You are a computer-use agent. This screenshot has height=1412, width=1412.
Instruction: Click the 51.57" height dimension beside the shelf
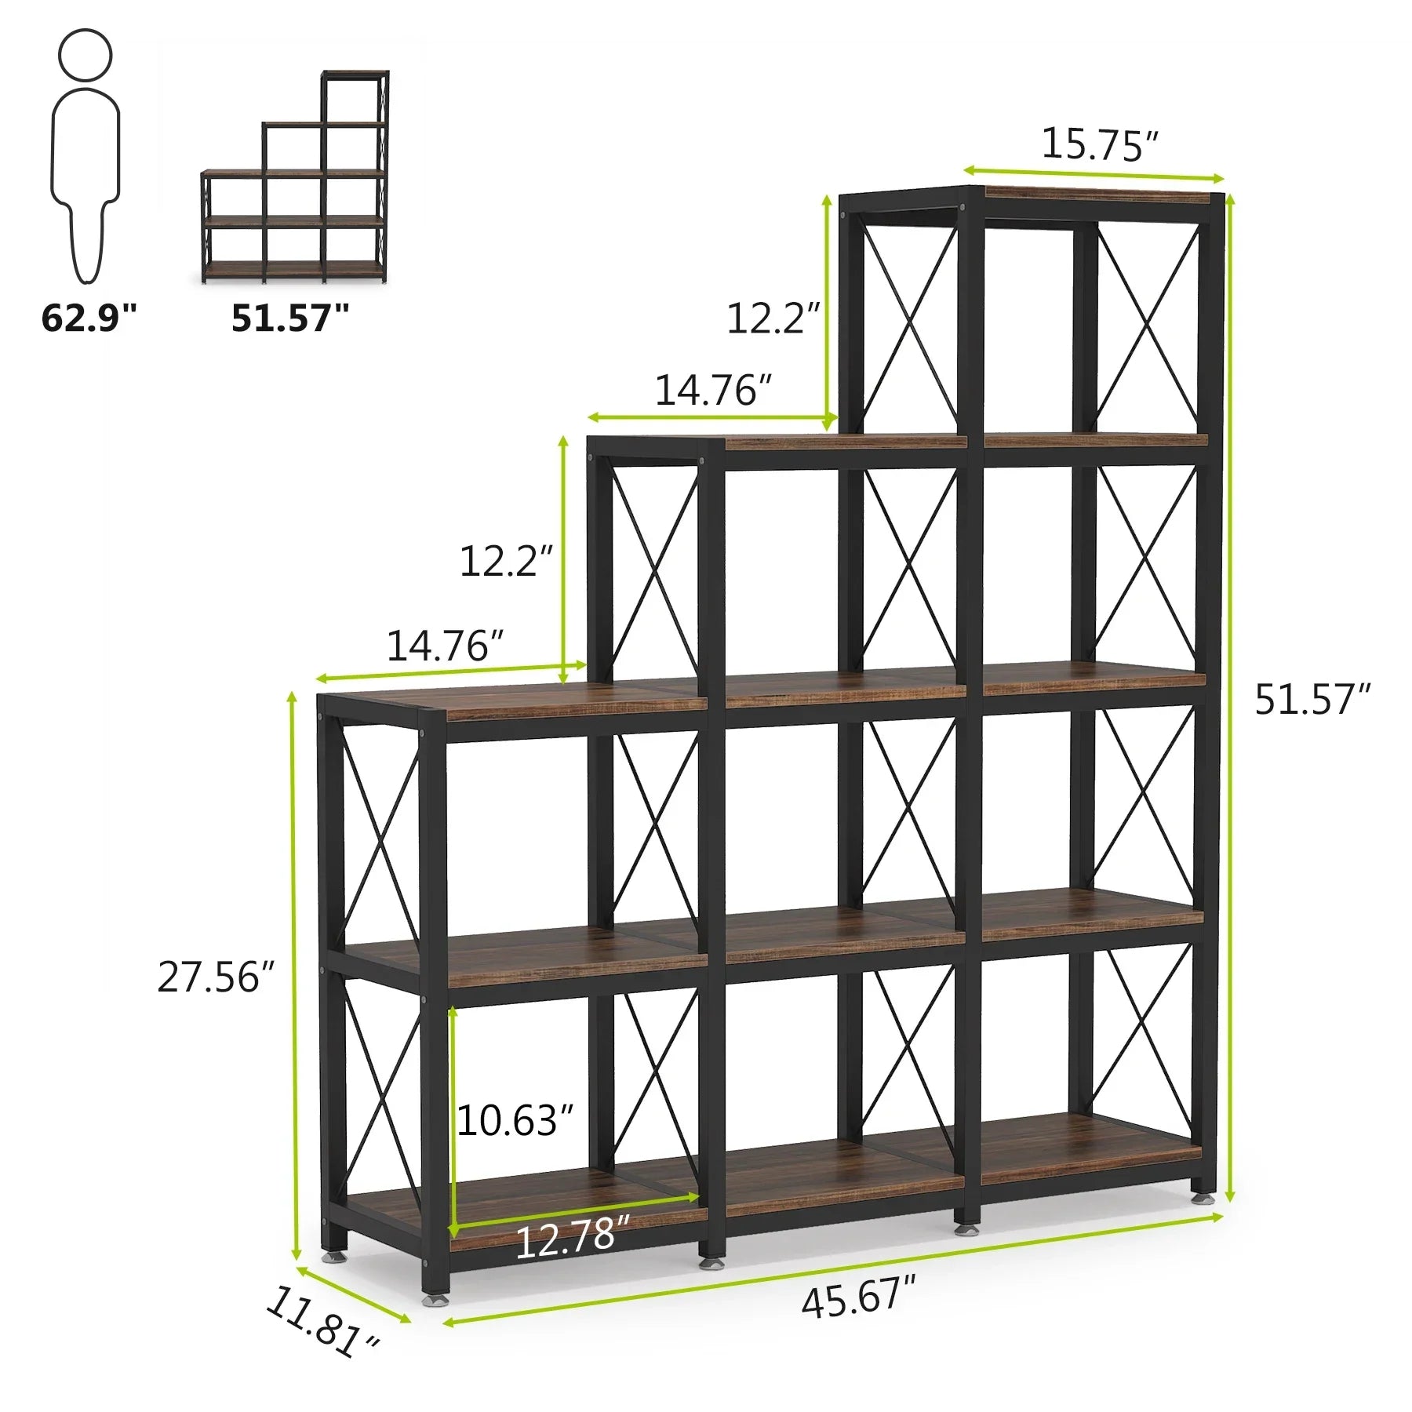1312,700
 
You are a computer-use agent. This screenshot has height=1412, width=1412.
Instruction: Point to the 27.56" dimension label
216,977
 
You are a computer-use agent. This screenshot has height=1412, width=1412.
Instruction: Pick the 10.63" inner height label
515,1120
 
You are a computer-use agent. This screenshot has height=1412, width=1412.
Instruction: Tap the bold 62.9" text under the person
89,318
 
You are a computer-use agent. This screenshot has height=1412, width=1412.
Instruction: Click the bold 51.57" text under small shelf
290,318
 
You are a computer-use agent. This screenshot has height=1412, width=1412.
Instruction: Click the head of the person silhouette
86,55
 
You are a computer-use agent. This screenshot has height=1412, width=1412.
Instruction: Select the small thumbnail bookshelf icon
295,176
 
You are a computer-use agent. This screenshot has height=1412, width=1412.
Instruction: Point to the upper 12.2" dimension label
773,318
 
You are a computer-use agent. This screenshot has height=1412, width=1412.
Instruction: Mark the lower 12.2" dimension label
505,562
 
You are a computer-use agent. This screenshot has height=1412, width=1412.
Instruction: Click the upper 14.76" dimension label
712,390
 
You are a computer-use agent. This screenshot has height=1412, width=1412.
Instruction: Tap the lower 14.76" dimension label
444,646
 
